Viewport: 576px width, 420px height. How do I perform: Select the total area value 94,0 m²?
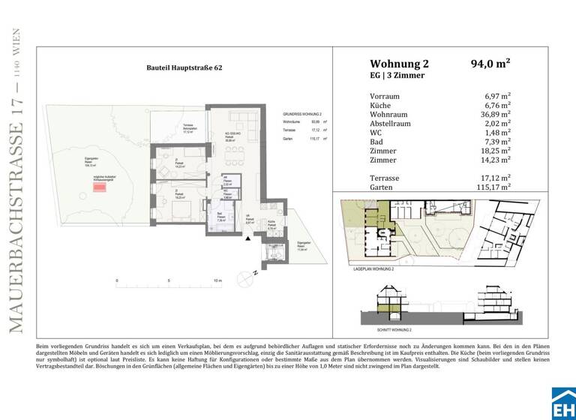pos(490,64)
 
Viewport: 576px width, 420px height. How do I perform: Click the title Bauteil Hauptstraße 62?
pos(184,67)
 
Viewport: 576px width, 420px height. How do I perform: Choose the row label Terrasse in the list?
pos(385,178)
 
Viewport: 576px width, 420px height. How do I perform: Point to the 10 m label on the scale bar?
pos(217,281)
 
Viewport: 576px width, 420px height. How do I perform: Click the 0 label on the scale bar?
pos(117,281)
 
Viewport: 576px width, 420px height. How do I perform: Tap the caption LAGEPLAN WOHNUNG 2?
pos(373,268)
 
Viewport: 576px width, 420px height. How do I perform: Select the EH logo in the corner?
pos(563,403)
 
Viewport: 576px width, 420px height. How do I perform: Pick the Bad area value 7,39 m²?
pos(497,141)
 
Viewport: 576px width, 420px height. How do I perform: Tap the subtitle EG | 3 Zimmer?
pos(397,76)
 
